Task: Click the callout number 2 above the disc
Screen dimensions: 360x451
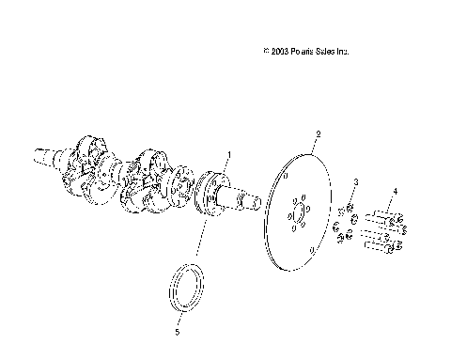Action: [319, 134]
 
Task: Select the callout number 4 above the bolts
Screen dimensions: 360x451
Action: [396, 191]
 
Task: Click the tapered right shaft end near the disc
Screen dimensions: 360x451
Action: [250, 199]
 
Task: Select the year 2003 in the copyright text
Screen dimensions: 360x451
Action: [277, 52]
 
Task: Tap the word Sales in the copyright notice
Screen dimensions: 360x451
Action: [327, 52]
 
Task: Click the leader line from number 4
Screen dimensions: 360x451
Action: [392, 203]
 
